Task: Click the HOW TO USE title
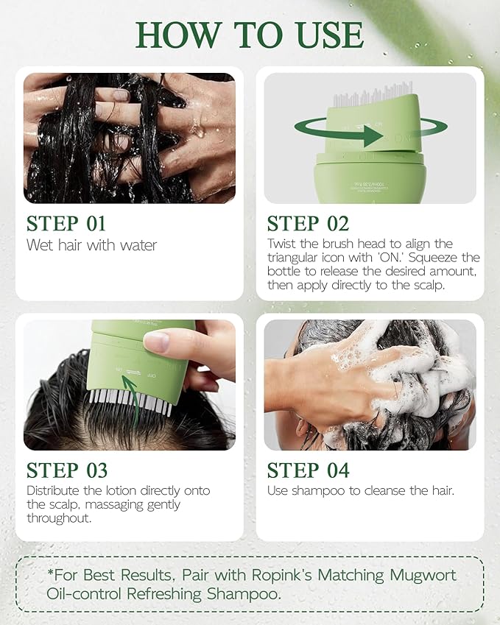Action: click(x=250, y=35)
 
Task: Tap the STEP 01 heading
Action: click(x=66, y=224)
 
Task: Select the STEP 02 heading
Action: click(x=308, y=224)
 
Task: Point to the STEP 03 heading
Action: click(x=66, y=470)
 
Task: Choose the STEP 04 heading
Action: click(x=308, y=470)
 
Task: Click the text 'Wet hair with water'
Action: click(x=92, y=245)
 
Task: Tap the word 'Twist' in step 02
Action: click(x=283, y=244)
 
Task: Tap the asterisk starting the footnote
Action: click(x=48, y=573)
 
